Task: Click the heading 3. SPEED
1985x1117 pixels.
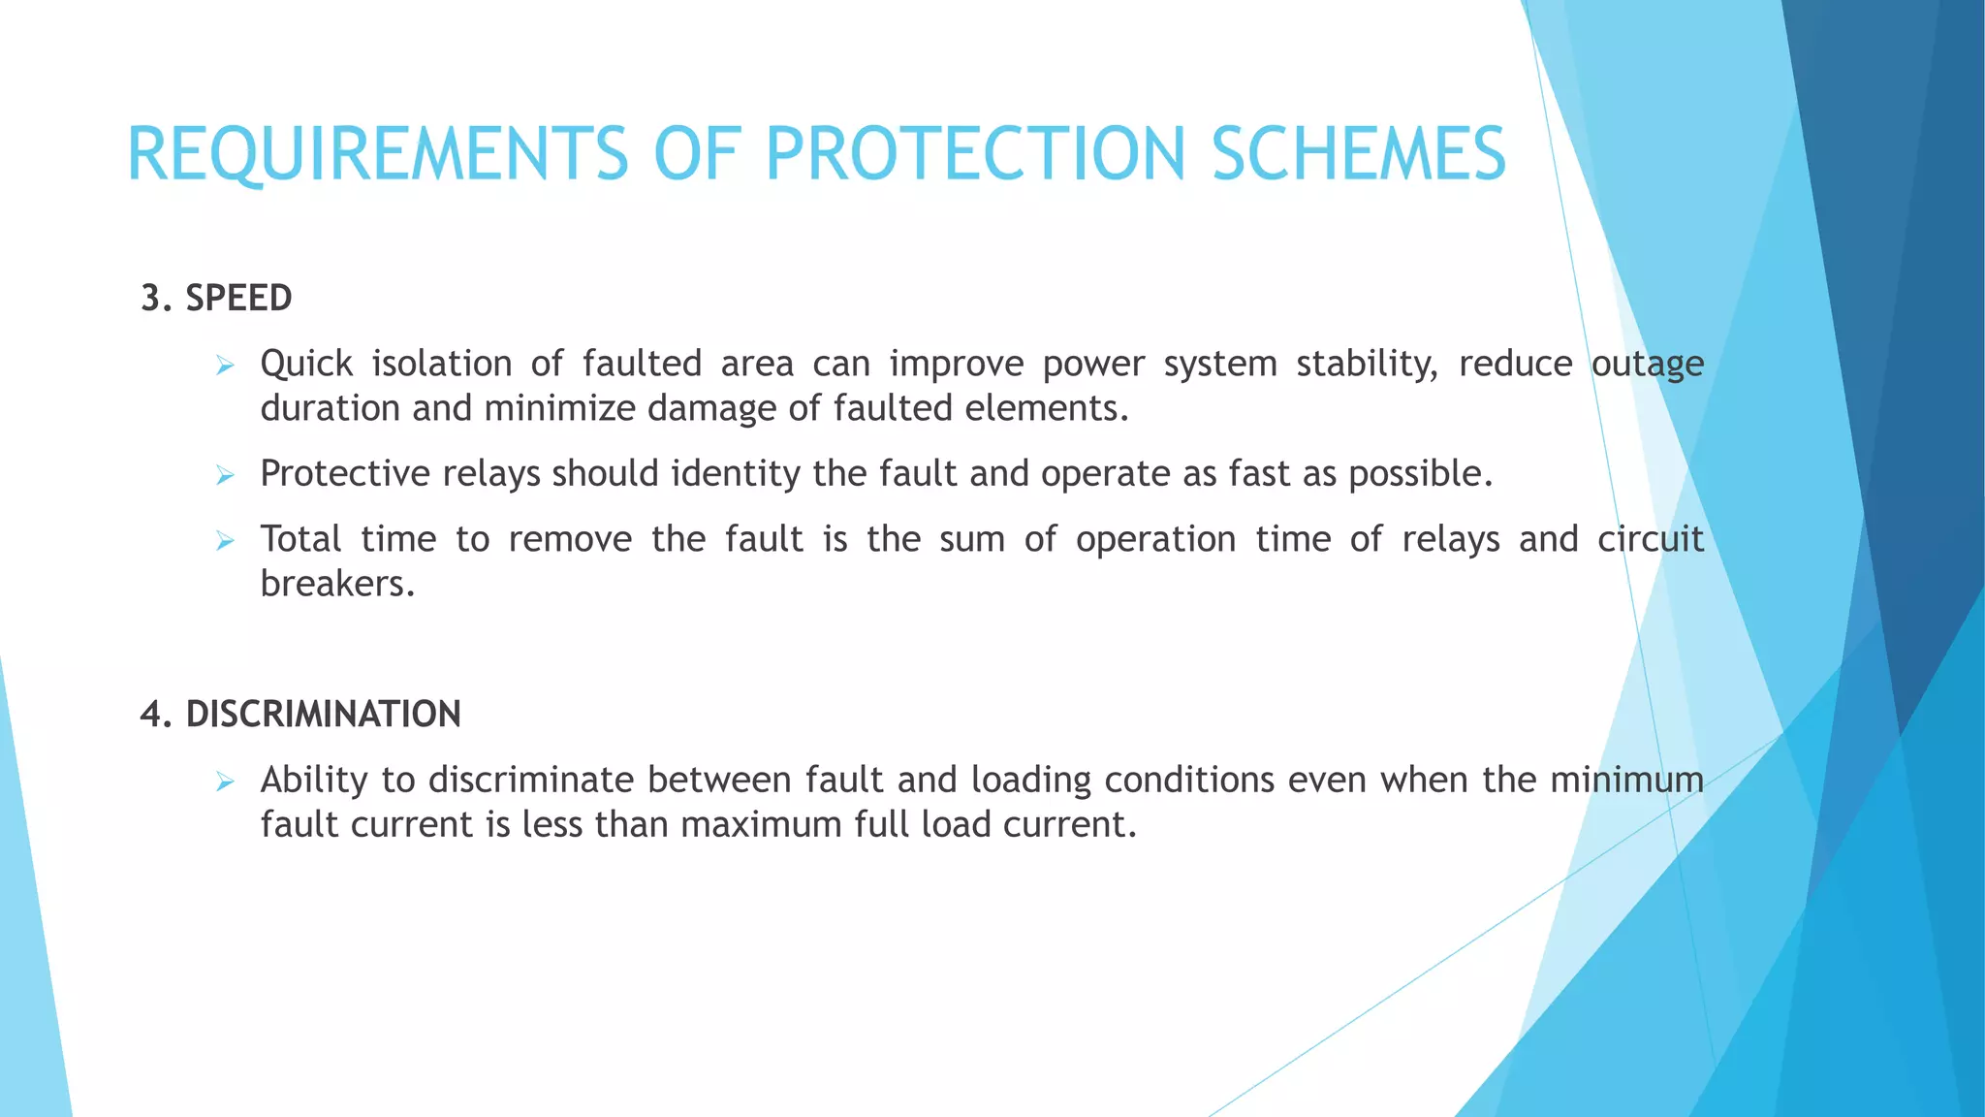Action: click(x=216, y=298)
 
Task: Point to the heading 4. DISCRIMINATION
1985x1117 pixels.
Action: click(x=300, y=714)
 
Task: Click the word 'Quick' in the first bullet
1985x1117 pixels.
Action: click(x=306, y=364)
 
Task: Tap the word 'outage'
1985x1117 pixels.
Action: click(x=1647, y=364)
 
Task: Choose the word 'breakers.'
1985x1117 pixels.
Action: click(x=337, y=584)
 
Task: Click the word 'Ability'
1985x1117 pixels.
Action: click(x=314, y=780)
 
